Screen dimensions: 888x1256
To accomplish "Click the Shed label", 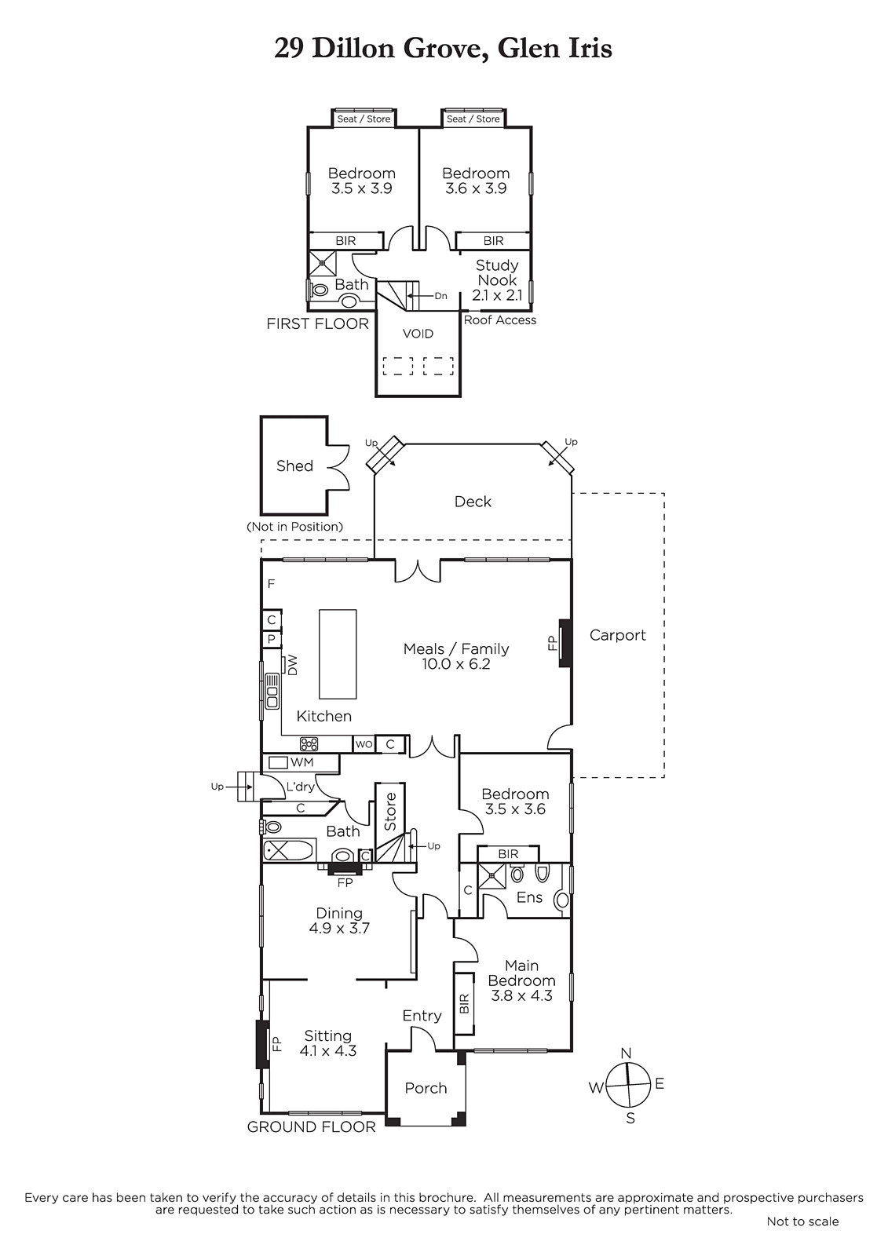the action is coord(294,466).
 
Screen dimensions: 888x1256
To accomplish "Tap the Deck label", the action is coord(473,502).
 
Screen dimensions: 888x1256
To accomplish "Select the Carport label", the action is coord(618,635).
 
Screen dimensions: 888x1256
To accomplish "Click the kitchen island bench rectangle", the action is coord(338,654).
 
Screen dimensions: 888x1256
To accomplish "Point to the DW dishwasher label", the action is coord(292,666).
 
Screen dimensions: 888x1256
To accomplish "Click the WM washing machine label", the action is coord(301,762).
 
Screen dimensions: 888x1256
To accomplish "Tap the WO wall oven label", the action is coord(364,744).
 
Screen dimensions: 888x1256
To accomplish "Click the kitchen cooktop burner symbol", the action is coord(309,744).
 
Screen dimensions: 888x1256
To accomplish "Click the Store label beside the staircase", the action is coord(390,812).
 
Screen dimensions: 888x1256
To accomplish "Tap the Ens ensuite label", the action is coord(529,897).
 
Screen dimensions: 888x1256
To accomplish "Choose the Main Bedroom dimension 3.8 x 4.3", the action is coord(521,995).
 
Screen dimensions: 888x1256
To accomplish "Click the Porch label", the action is coord(426,1088).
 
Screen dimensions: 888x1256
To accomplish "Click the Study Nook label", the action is coord(497,272).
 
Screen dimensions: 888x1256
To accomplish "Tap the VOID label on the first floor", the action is coord(418,334).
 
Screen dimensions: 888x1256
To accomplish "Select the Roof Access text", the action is coord(500,320).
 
